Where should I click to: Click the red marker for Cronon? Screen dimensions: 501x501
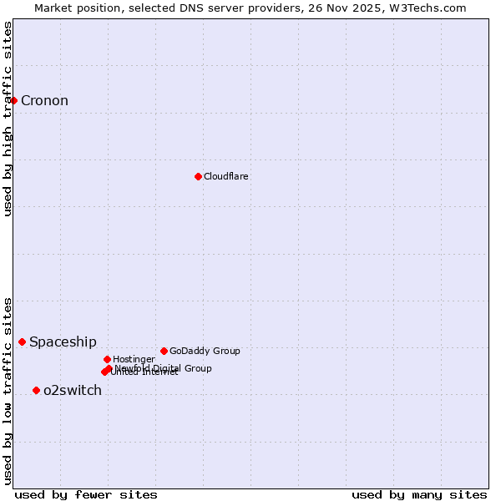pyautogui.click(x=13, y=101)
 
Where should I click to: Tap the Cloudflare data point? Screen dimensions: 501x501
pyautogui.click(x=198, y=176)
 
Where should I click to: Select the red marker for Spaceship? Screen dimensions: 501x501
pyautogui.click(x=22, y=342)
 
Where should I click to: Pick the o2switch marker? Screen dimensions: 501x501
pyautogui.click(x=36, y=390)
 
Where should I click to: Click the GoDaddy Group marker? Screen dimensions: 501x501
pyautogui.click(x=164, y=351)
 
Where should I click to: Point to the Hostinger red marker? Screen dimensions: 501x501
pyautogui.click(x=107, y=359)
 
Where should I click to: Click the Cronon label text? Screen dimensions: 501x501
pyautogui.click(x=44, y=101)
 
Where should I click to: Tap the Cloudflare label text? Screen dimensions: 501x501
pyautogui.click(x=225, y=176)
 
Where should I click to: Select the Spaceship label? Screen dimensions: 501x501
pyautogui.click(x=63, y=342)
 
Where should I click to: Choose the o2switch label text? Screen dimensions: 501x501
pyautogui.click(x=73, y=391)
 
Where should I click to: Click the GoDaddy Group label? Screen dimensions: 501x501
pyautogui.click(x=205, y=351)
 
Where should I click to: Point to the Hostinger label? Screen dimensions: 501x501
pyautogui.click(x=134, y=359)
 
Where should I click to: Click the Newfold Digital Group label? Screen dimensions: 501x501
pyautogui.click(x=164, y=368)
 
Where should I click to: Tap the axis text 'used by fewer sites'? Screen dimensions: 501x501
pyautogui.click(x=86, y=494)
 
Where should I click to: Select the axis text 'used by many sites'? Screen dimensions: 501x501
pyautogui.click(x=419, y=494)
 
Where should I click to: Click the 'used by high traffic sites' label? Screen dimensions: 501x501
pyautogui.click(x=8, y=119)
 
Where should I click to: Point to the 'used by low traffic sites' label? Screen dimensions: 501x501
pyautogui.click(x=8, y=391)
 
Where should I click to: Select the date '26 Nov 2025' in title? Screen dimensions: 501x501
pyautogui.click(x=355, y=8)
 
